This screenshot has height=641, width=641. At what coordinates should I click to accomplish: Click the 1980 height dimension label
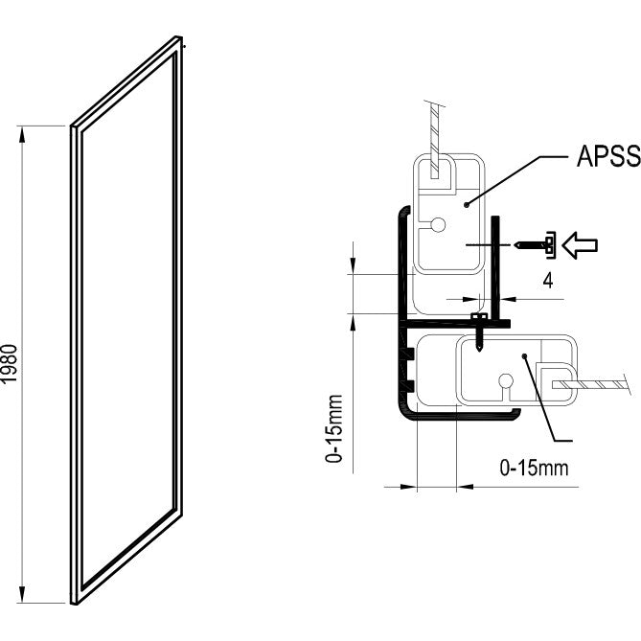(9, 363)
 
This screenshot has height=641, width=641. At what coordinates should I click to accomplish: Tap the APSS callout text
(608, 156)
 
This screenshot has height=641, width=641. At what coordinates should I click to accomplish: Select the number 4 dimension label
(548, 281)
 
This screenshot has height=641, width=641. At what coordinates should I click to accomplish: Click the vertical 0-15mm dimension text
(333, 428)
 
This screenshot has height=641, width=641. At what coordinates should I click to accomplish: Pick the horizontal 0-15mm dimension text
(534, 468)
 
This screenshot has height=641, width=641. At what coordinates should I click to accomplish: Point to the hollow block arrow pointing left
(580, 245)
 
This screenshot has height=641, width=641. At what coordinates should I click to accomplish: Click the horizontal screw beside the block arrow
(535, 245)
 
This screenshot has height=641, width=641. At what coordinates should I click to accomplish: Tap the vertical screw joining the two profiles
(479, 332)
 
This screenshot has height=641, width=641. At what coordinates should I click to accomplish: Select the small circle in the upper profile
(438, 224)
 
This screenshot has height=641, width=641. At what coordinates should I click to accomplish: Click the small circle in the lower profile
(506, 381)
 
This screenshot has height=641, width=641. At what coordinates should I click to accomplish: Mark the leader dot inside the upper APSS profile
(466, 204)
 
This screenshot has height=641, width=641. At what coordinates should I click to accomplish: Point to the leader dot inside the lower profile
(524, 356)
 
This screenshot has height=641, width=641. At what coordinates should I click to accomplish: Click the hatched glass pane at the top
(435, 139)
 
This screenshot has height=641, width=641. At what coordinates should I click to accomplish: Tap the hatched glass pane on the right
(589, 384)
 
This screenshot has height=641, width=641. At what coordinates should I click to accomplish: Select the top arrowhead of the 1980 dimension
(22, 135)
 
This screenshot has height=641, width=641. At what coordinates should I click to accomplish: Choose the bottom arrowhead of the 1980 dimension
(22, 594)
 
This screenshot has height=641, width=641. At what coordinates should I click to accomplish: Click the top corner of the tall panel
(179, 36)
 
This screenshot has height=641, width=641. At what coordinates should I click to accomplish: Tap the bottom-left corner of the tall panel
(72, 603)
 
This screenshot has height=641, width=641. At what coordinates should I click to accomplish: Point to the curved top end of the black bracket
(404, 209)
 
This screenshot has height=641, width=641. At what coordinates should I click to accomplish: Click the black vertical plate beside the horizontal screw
(495, 267)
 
